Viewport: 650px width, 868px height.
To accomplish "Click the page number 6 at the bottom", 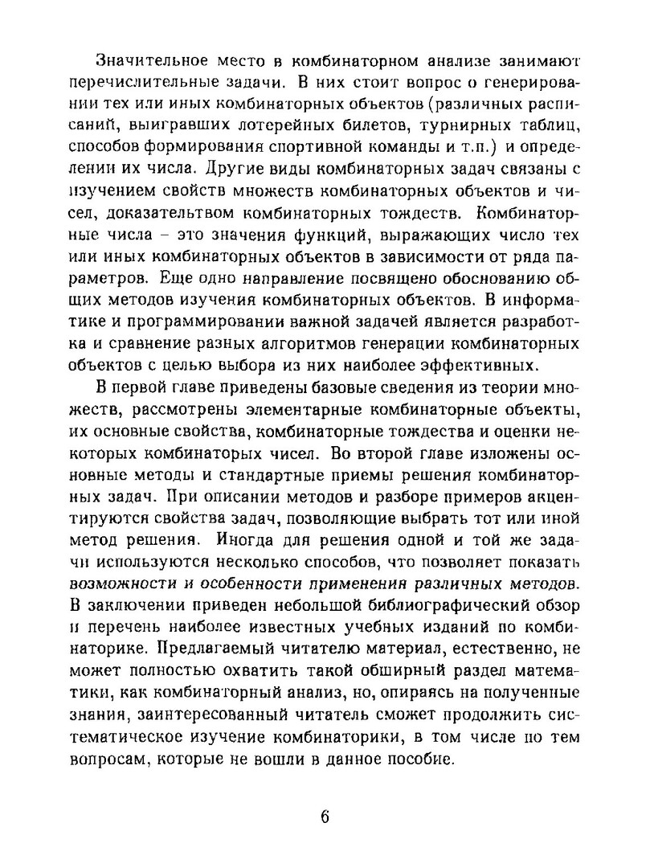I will (325, 817).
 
